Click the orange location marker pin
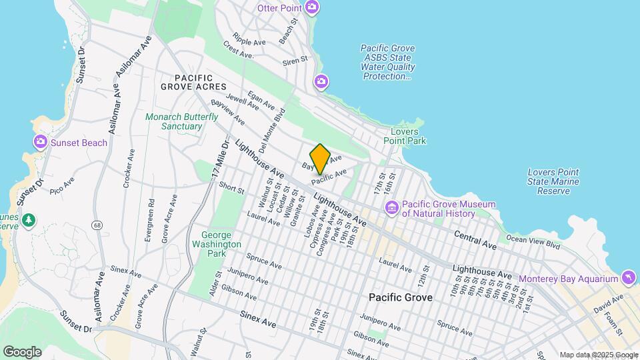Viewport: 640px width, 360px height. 321,159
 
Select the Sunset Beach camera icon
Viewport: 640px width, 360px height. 40,142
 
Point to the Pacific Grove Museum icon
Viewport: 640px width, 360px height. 391,209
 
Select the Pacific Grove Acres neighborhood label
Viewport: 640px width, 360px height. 193,83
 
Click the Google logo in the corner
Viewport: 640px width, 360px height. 22,351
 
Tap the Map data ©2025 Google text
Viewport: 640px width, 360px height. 599,355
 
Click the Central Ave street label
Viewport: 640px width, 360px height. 475,240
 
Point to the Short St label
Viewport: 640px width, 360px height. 232,189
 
